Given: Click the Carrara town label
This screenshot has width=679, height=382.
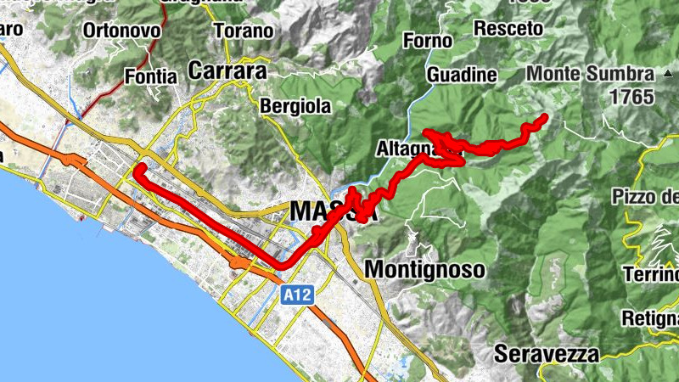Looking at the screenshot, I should pos(227,70).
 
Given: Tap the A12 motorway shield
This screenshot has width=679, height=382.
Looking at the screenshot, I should pos(296,295).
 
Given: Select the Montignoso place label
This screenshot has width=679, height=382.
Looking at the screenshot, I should pos(424,270).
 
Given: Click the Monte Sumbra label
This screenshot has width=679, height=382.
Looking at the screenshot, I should pos(590,74).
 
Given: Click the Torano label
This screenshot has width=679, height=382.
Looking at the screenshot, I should pos(244,31).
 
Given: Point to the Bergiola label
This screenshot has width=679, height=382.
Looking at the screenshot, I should pos(294,107).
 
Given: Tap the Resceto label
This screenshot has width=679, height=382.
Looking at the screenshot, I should pos(508,28).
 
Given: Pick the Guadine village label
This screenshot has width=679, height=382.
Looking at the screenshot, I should pos(462,75).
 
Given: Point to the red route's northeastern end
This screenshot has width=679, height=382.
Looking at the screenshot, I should pos(544,117).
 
